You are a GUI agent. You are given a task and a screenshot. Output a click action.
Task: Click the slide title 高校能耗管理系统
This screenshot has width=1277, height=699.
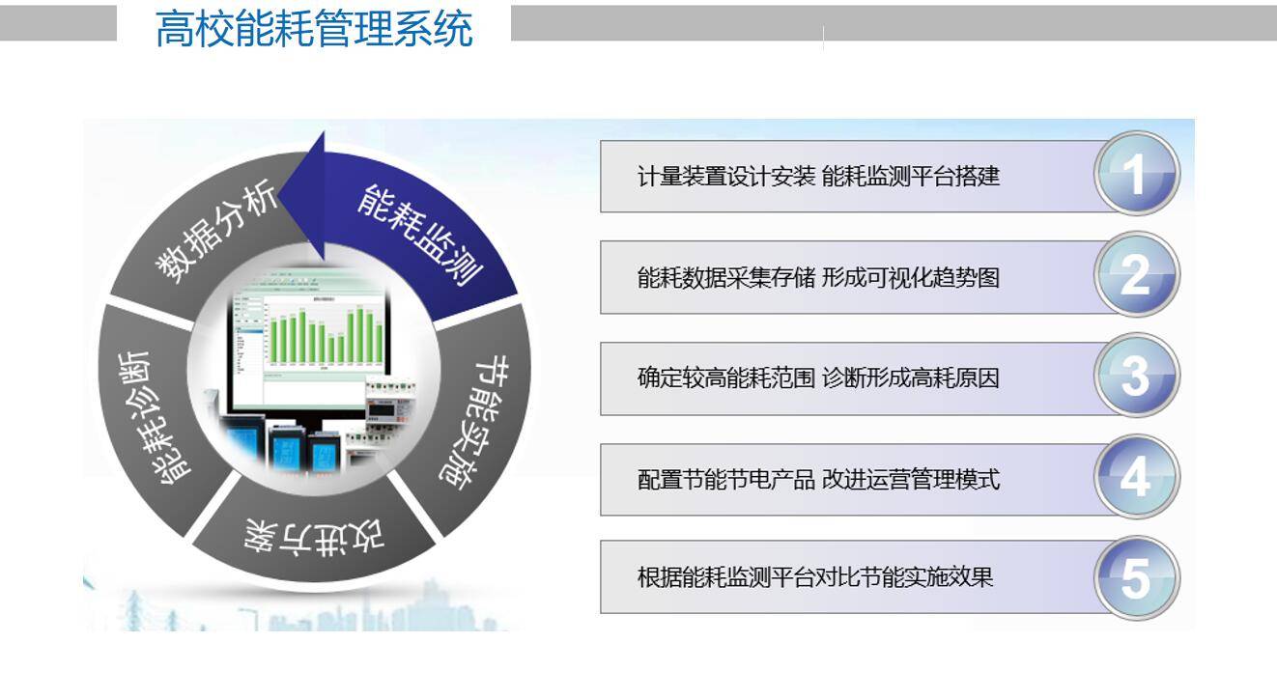(314, 29)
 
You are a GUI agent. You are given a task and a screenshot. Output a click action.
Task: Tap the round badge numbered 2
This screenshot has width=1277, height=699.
(1136, 277)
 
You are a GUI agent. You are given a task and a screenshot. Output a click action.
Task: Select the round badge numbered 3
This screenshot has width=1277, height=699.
(1136, 377)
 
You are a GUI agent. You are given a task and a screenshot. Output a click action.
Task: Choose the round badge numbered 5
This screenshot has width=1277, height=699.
(1136, 579)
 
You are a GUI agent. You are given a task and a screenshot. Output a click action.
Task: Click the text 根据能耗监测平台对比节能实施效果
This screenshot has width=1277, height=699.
(815, 578)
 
